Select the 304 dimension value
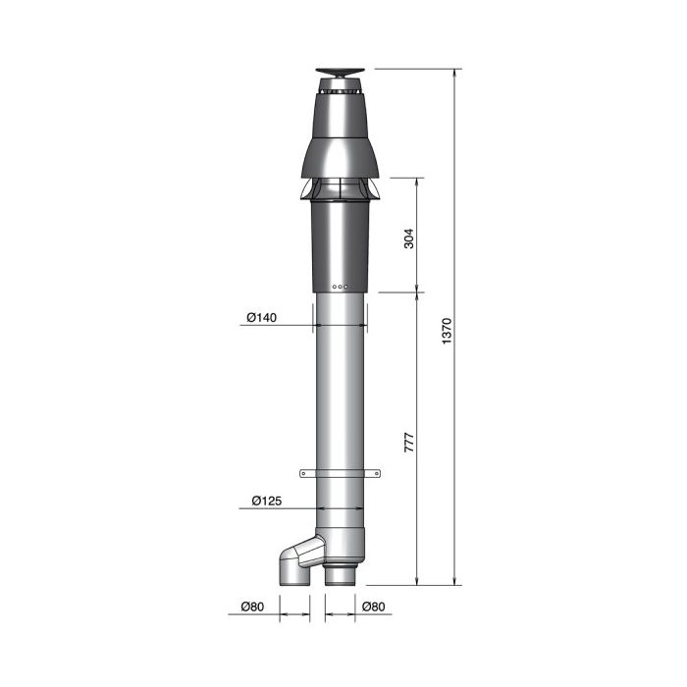click(408, 238)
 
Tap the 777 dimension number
click(408, 441)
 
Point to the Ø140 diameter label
click(261, 317)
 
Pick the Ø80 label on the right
click(374, 607)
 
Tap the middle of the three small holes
click(340, 287)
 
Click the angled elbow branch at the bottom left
click(295, 562)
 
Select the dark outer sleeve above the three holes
click(340, 245)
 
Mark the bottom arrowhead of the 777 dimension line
click(419, 580)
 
